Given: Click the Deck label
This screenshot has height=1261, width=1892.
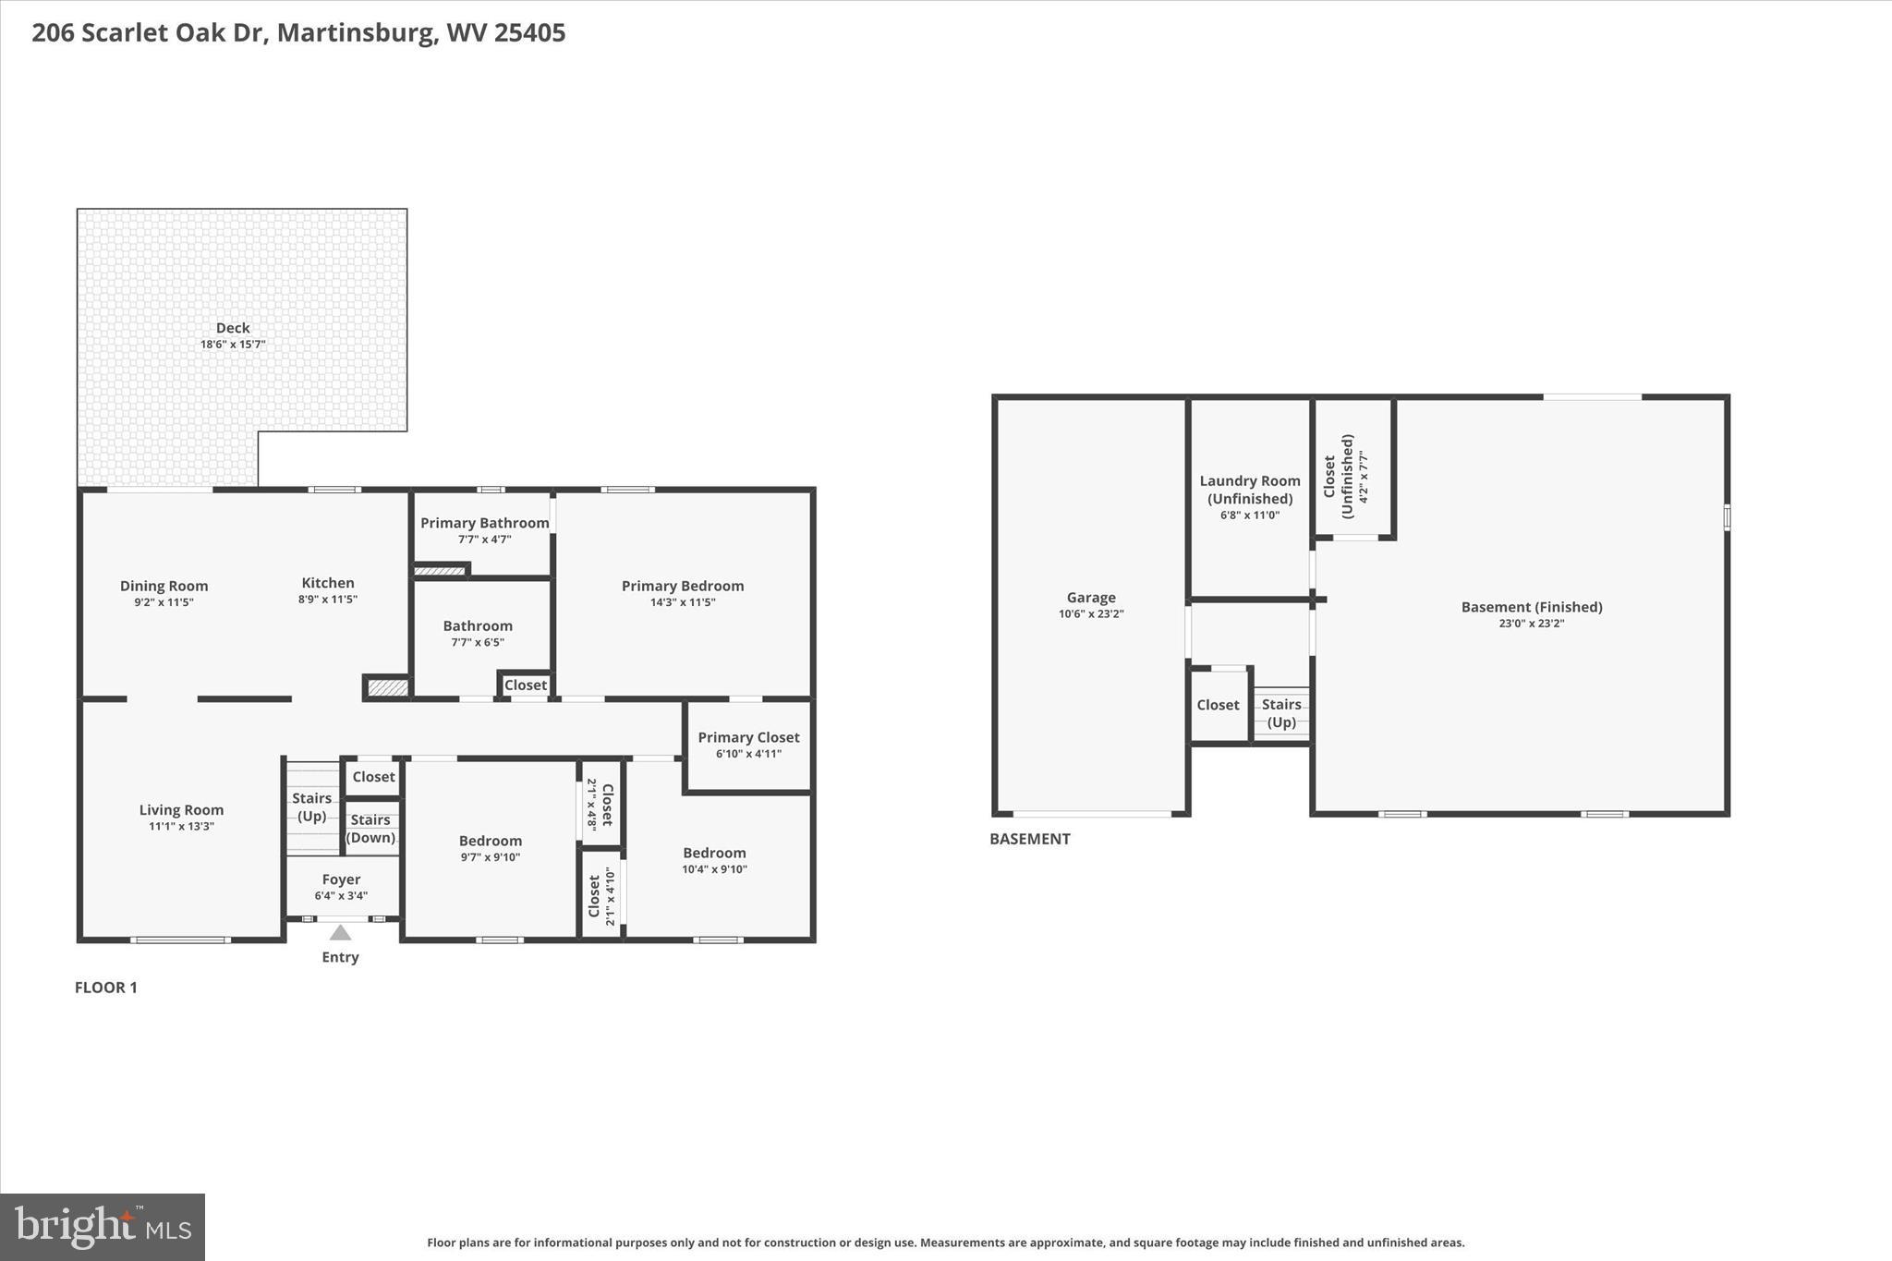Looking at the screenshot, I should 233,328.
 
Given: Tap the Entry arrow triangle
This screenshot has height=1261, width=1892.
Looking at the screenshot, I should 340,933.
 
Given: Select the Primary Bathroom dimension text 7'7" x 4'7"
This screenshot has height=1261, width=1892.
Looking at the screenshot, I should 484,540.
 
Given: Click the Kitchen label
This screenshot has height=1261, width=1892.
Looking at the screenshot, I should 328,583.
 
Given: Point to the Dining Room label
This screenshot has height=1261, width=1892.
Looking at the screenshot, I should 164,586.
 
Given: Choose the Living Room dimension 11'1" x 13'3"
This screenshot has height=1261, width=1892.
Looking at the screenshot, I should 181,827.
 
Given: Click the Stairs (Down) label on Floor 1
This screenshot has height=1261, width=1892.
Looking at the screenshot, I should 370,829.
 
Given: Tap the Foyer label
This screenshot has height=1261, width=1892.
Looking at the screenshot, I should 341,879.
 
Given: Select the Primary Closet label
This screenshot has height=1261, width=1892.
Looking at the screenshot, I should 748,737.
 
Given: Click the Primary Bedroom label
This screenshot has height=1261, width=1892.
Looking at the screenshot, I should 682,586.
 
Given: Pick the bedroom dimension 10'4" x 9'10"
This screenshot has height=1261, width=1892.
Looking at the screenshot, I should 714,869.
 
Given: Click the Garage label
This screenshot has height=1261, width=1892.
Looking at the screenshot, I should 1091,598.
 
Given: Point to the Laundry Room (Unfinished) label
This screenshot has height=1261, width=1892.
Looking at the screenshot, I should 1249,490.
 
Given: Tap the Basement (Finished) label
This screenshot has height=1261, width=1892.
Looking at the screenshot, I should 1531,607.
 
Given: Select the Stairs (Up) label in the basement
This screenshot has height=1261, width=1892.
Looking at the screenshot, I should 1281,713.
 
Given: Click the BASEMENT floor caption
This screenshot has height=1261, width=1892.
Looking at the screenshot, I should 1029,839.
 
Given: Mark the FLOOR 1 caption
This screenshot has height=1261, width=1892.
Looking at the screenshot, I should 105,988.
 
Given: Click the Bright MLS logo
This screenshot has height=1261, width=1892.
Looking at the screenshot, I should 103,1227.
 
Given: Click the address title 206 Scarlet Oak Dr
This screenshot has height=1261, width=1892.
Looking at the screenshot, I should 298,33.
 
